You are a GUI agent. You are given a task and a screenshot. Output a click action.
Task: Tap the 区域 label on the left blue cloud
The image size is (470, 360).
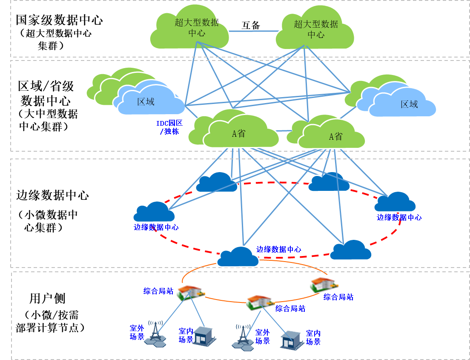pyautogui.click(x=146, y=102)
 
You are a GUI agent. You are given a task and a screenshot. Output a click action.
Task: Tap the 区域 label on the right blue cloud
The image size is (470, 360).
pyautogui.click(x=409, y=104)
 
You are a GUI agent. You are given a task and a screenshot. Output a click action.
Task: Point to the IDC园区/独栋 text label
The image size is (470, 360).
pyautogui.click(x=169, y=127)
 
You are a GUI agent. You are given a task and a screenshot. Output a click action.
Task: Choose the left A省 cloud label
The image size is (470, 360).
pyautogui.click(x=239, y=133)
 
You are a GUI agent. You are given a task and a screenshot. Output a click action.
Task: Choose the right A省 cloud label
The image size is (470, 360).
pyautogui.click(x=335, y=136)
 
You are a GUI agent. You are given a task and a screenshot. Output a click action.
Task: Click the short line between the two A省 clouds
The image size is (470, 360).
pyautogui.click(x=283, y=131)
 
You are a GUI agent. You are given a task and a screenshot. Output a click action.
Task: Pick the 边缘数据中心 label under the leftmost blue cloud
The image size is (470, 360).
pyautogui.click(x=156, y=227)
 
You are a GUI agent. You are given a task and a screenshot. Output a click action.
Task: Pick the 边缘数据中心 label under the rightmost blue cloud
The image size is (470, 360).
pyautogui.click(x=399, y=217)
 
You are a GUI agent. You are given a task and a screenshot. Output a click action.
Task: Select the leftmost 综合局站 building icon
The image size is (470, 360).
pyautogui.click(x=191, y=292)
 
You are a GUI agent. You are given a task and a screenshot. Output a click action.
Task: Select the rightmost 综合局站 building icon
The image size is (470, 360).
pyautogui.click(x=324, y=284)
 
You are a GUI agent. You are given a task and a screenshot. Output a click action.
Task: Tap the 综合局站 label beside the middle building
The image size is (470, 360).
pyautogui.click(x=290, y=308)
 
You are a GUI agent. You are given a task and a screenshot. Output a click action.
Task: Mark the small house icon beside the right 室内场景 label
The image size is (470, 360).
pyautogui.click(x=291, y=340)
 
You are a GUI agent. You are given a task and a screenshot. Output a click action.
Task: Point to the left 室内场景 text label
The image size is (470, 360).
pyautogui.click(x=186, y=335)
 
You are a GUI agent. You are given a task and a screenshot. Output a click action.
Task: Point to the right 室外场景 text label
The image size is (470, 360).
pyautogui.click(x=263, y=337)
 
